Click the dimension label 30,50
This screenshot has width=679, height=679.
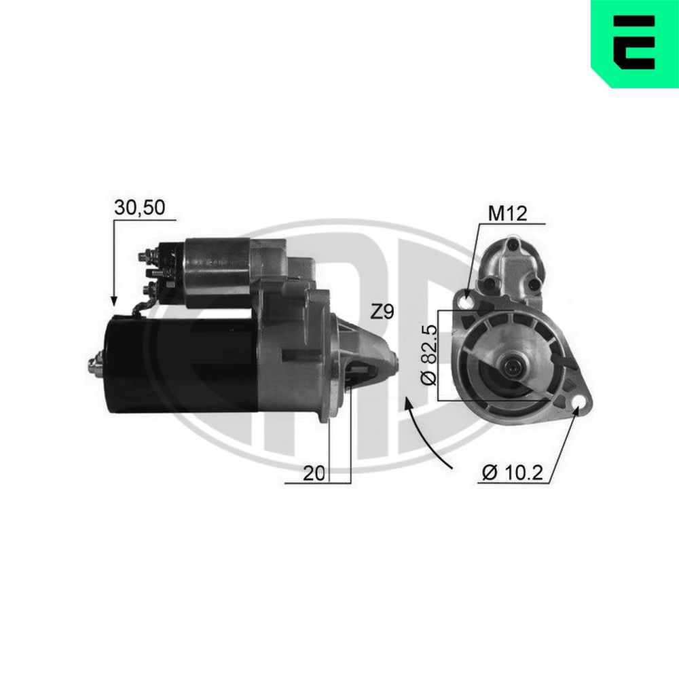click(140, 208)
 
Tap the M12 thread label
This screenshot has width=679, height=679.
click(508, 214)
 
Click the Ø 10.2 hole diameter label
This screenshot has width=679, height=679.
click(513, 473)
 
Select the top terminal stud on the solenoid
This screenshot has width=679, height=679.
click(145, 257)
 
